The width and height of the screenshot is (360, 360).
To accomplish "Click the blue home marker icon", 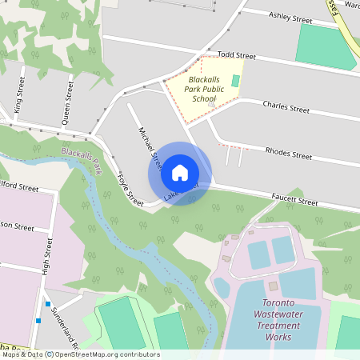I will click(180, 173).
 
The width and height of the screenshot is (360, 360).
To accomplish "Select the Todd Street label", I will click(237, 56).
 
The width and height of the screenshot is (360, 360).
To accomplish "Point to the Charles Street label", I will click(286, 108).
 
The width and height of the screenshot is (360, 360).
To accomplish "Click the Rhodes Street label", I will click(288, 154).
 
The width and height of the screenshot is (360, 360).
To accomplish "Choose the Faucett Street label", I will click(294, 200).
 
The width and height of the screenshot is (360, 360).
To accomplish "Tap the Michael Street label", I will click(150, 148).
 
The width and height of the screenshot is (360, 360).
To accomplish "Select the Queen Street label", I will click(68, 103).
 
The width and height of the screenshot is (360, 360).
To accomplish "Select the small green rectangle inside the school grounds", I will click(235, 81).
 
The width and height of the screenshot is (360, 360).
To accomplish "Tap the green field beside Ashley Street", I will click(325, 45).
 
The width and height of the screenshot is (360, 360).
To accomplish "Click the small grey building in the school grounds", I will click(211, 103).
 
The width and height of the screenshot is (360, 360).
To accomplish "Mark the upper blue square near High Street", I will click(48, 304).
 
